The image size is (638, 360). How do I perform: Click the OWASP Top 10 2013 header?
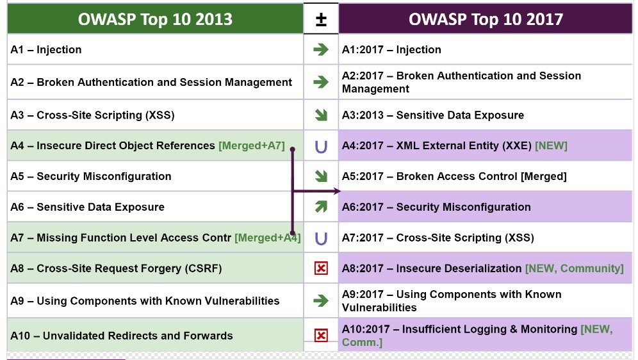pos(155,19)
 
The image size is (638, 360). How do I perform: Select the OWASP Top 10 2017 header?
pos(486,19)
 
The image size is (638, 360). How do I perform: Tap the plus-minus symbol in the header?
pos(321,19)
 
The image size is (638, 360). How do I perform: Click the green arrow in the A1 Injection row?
pos(321,49)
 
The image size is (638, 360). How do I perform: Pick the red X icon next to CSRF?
pos(321,268)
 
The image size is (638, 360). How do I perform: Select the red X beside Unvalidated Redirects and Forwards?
pos(321,336)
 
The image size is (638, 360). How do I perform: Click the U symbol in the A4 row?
pos(321,147)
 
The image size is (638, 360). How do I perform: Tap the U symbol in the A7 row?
pos(321,238)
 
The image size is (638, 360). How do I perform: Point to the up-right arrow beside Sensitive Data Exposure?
pos(321,207)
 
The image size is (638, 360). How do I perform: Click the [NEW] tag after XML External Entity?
pos(551,145)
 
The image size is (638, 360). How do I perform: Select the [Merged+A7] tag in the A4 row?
pos(252,145)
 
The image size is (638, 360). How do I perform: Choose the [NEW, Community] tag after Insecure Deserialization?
pos(575,268)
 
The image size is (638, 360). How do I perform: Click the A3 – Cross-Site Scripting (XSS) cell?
pos(155,115)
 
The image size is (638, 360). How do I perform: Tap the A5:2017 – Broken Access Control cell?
pos(486,176)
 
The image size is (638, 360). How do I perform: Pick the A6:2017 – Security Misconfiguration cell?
pos(486,207)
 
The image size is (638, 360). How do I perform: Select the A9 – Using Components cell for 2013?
pos(155,301)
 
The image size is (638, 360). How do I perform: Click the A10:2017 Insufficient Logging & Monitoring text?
pos(477,336)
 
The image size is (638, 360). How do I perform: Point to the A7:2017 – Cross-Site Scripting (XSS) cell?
pos(486,238)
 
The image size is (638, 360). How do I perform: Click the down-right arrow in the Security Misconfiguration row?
pos(321,176)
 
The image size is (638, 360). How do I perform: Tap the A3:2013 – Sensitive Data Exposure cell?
pos(486,115)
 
